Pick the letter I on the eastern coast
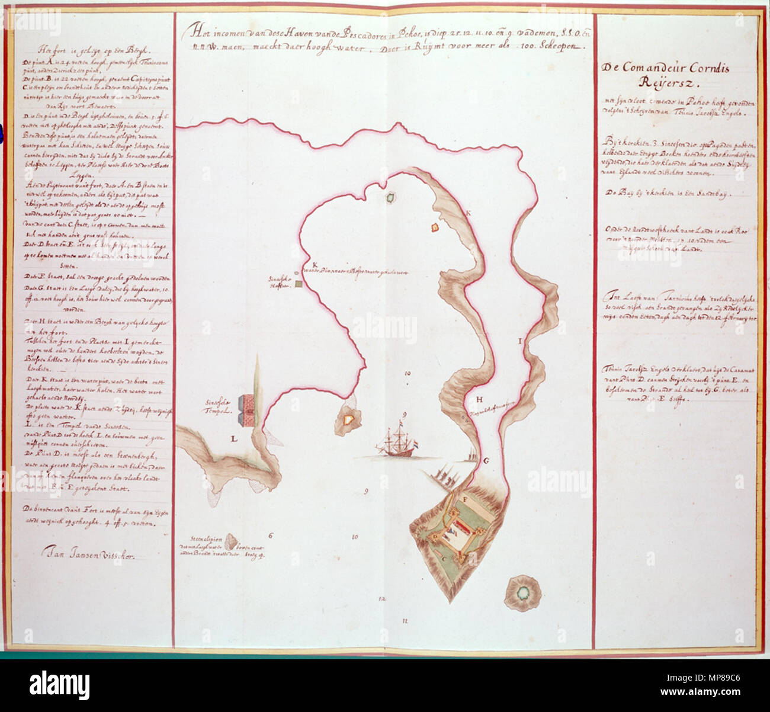point(520,341)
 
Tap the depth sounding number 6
point(270,536)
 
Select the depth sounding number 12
point(382,598)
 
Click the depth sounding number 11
point(405,620)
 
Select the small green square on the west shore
point(299,284)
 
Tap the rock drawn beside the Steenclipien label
point(233,540)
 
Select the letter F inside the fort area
point(465,501)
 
